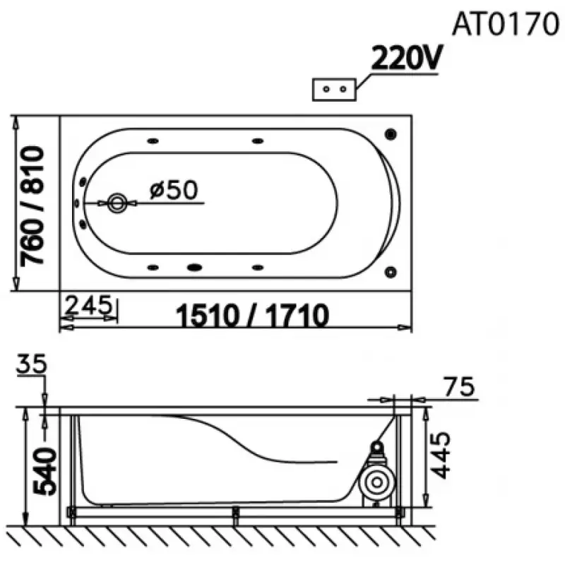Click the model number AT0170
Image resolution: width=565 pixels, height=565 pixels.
(x=505, y=24)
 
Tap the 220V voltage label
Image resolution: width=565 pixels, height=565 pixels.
(x=406, y=58)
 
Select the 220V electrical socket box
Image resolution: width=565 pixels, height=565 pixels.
(x=334, y=90)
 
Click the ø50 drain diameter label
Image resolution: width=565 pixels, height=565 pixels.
(x=174, y=189)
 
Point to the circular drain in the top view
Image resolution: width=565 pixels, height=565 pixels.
(x=117, y=203)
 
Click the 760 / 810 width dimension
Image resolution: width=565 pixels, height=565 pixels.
(x=32, y=206)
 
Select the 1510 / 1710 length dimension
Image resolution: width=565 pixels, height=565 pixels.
(x=252, y=315)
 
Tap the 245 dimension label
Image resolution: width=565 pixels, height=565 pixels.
(x=89, y=305)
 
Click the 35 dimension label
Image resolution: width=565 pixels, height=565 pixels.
(x=31, y=364)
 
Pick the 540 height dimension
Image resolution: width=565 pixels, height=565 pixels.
(x=44, y=471)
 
